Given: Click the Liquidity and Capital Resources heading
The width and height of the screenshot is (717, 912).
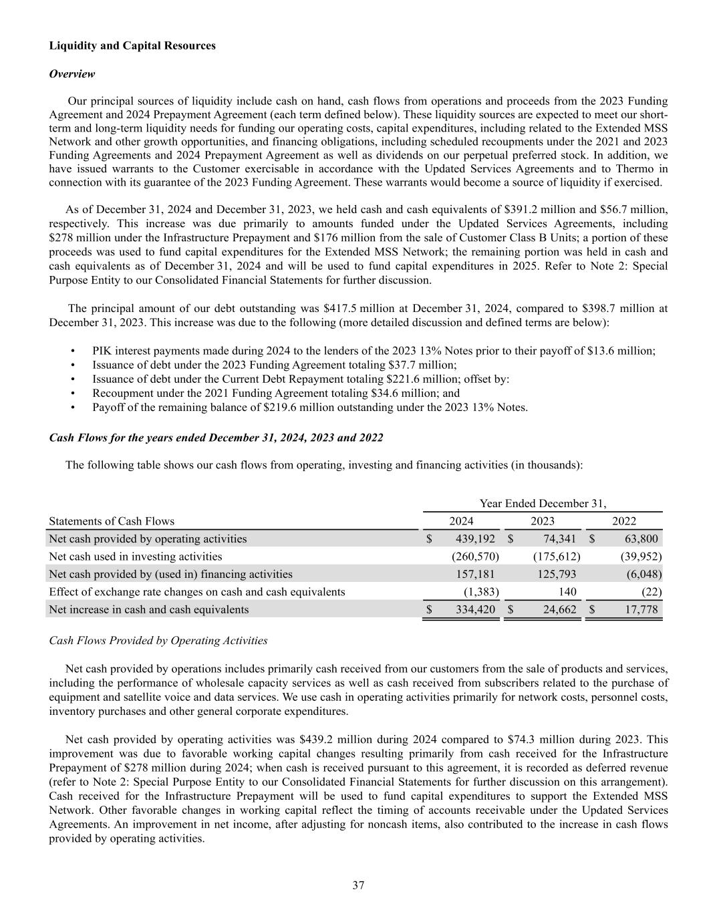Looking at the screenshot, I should pyautogui.click(x=132, y=45).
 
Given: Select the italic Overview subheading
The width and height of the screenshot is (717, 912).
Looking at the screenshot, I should pyautogui.click(x=72, y=73).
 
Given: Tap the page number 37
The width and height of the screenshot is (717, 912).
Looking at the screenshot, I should pyautogui.click(x=358, y=885).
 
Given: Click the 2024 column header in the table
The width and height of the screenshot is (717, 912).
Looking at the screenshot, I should pyautogui.click(x=461, y=521).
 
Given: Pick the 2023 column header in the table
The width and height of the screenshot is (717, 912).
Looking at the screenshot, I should pyautogui.click(x=542, y=521).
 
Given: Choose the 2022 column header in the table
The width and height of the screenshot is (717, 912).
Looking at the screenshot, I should pyautogui.click(x=624, y=521).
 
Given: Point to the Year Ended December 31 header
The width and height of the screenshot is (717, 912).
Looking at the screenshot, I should pyautogui.click(x=543, y=503).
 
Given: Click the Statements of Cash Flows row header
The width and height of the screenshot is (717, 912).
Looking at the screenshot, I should pyautogui.click(x=112, y=521).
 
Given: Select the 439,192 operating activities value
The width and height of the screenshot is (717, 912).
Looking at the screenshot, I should pyautogui.click(x=475, y=539).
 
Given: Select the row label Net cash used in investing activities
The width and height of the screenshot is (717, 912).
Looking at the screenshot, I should pyautogui.click(x=136, y=556).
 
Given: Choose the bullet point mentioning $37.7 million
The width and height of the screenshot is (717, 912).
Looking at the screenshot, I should pyautogui.click(x=274, y=365).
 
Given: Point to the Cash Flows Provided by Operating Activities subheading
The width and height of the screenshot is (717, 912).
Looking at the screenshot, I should pyautogui.click(x=158, y=640).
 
